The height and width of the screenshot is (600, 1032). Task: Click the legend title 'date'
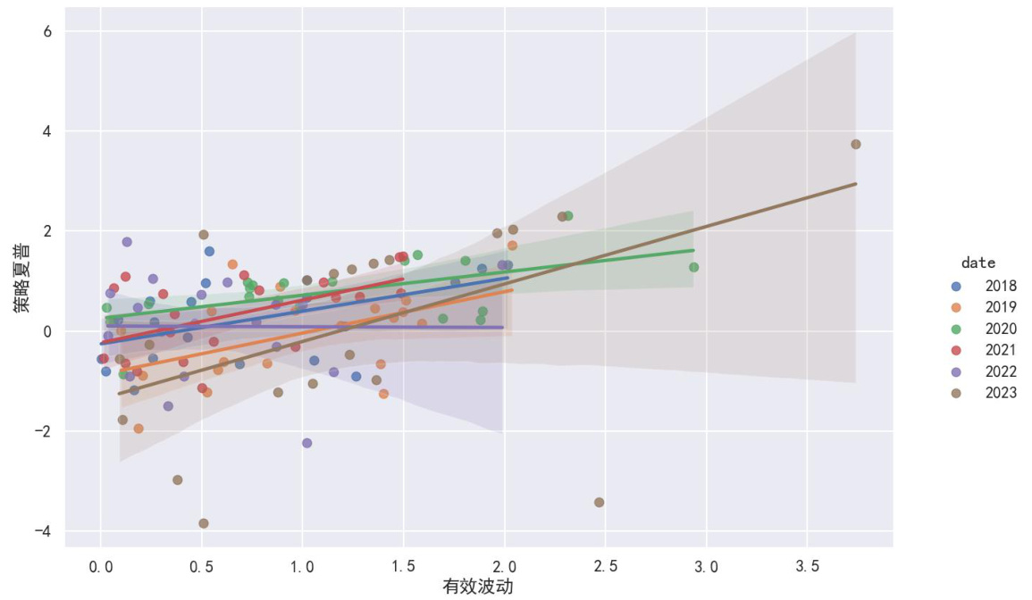(x=978, y=263)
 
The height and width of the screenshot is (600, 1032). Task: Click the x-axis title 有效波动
(x=478, y=587)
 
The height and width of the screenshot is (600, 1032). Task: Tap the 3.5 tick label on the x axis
(x=807, y=566)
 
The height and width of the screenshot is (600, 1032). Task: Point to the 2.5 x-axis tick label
(x=605, y=566)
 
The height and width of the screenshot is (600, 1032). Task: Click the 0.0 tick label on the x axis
(x=101, y=566)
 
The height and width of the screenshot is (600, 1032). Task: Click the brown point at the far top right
(x=856, y=144)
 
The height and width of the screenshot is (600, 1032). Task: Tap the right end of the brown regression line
(x=856, y=184)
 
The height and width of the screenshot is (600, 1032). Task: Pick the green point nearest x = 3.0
(x=693, y=267)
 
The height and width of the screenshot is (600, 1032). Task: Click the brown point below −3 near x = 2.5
(x=599, y=503)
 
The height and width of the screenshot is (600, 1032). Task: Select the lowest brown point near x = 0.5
(x=204, y=523)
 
